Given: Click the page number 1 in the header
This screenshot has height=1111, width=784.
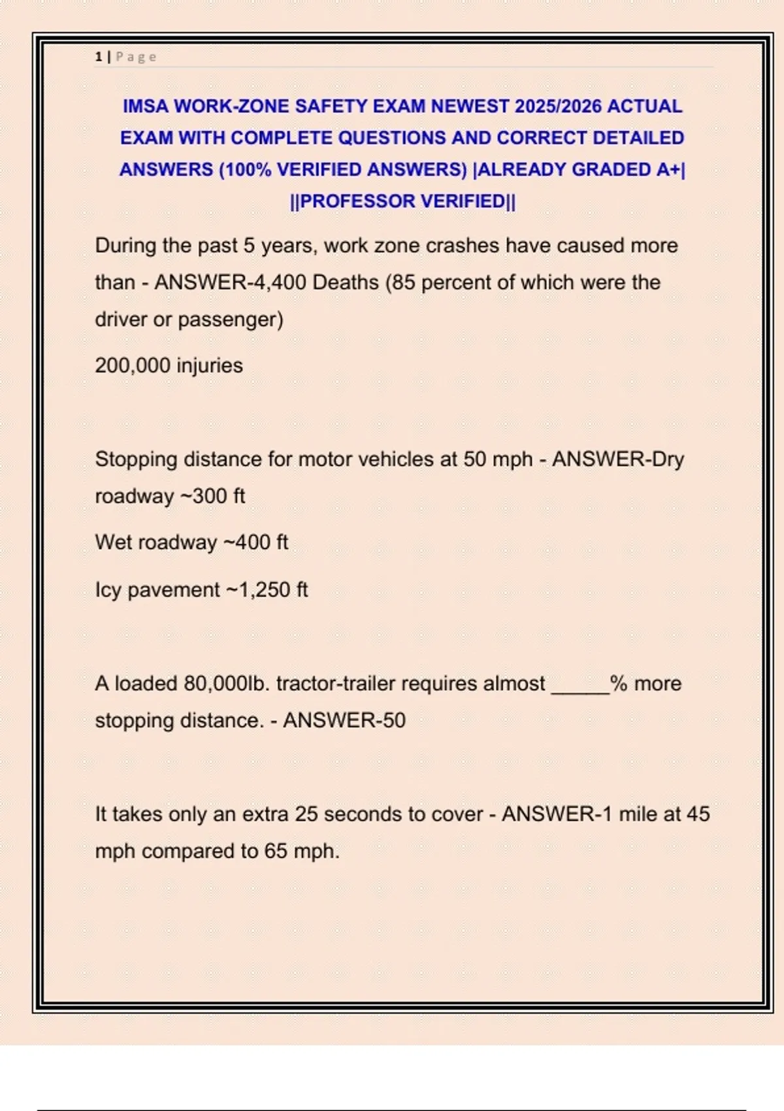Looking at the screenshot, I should click(x=98, y=57).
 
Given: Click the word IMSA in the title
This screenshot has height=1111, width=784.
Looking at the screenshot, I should click(x=146, y=106).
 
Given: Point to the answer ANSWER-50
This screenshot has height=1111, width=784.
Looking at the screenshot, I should click(x=344, y=721).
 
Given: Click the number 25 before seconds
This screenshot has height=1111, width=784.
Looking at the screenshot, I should click(x=306, y=814).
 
